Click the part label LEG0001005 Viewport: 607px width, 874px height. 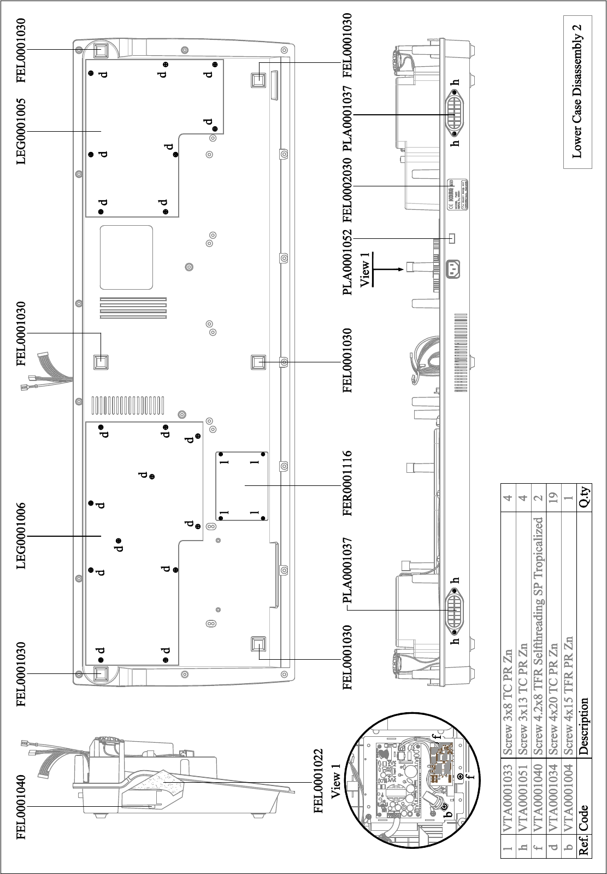point(21,131)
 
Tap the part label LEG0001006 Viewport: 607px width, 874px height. point(21,537)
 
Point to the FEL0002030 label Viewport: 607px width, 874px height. point(347,186)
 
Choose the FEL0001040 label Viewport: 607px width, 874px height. point(21,807)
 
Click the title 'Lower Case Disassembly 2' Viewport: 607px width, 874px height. point(577,91)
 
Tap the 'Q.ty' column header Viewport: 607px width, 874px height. point(584,497)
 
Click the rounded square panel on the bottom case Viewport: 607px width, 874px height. point(127,257)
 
